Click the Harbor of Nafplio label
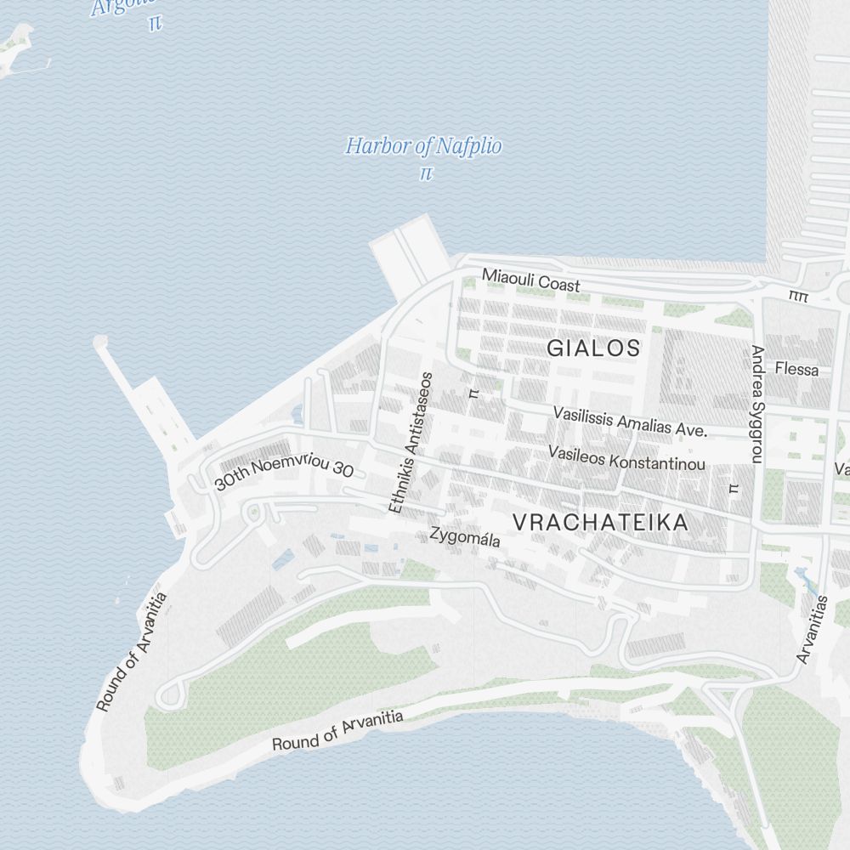[x=423, y=146]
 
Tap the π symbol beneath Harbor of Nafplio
[x=426, y=173]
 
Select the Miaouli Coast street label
[x=530, y=280]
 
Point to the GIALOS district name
[x=593, y=348]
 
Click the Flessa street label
[x=796, y=370]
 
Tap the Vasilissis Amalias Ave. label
[x=630, y=422]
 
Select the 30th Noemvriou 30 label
[x=284, y=470]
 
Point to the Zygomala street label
[x=465, y=538]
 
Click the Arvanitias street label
[x=813, y=629]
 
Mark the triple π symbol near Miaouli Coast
[x=798, y=296]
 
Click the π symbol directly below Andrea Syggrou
[x=734, y=488]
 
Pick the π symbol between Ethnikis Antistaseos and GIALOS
[x=474, y=393]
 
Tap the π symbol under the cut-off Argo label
[x=154, y=23]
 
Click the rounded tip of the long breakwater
[x=100, y=343]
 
